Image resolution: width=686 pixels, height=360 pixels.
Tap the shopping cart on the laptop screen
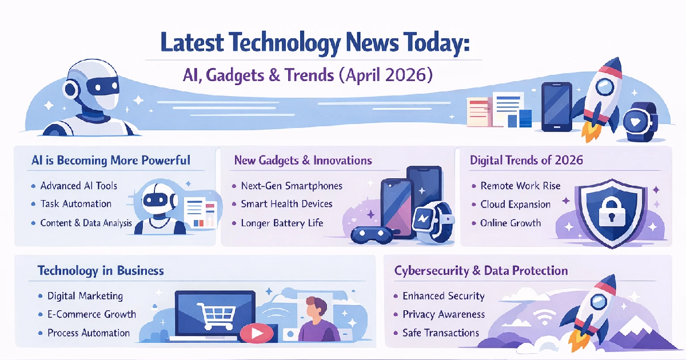click(x=214, y=312)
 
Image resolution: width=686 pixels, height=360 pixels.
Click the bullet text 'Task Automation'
click(x=75, y=204)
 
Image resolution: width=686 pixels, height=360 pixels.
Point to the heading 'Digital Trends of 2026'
click(x=526, y=160)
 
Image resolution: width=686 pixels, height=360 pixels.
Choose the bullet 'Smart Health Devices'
click(x=286, y=204)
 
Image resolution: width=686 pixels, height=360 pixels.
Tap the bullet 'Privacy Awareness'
click(x=443, y=314)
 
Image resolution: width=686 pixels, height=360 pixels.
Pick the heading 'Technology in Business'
click(x=101, y=270)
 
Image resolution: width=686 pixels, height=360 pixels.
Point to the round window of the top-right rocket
click(x=605, y=86)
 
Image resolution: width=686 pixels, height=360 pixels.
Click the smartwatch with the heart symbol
click(x=640, y=121)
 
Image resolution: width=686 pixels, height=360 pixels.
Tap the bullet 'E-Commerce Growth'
click(x=91, y=314)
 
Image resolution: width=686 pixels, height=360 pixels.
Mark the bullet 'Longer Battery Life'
click(x=282, y=223)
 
